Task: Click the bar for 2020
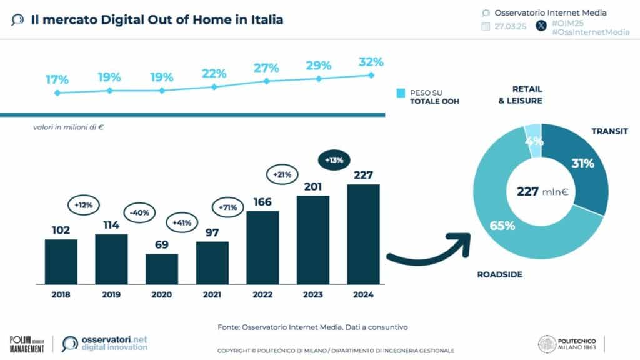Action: coord(162,269)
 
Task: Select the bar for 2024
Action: coord(363,234)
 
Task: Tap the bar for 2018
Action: coord(61,261)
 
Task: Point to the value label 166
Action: coord(262,202)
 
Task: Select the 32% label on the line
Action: coord(371,62)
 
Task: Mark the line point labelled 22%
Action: coord(214,87)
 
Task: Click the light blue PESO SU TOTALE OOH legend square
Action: coord(401,93)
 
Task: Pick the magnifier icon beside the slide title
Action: coord(17,20)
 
